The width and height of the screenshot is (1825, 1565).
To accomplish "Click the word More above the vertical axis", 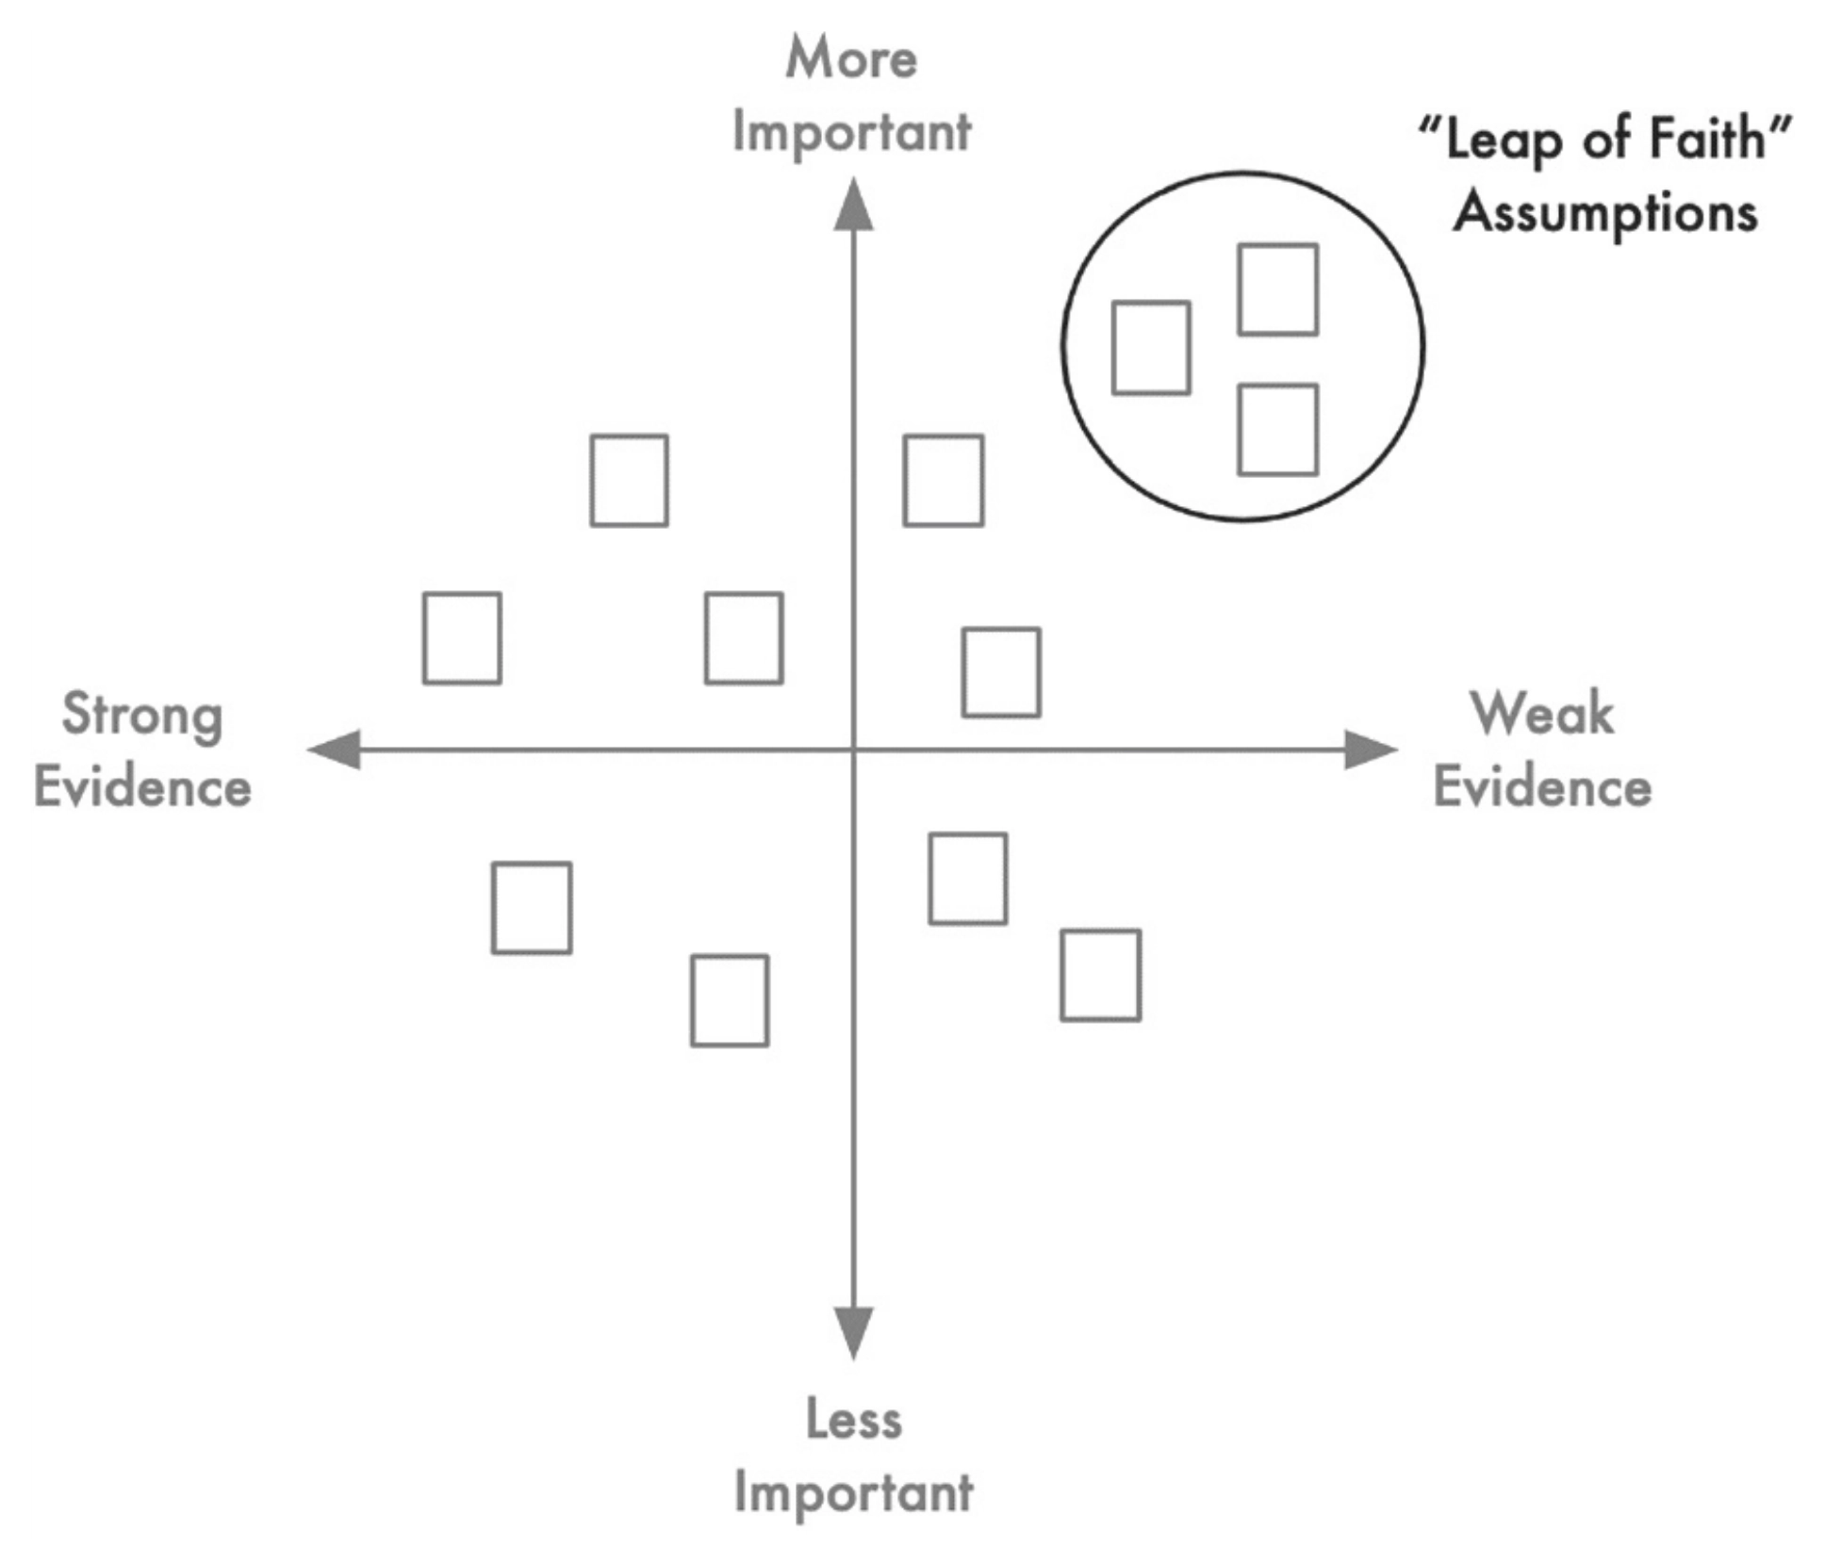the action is pyautogui.click(x=851, y=58).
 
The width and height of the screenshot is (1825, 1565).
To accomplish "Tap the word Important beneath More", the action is pyautogui.click(x=851, y=132).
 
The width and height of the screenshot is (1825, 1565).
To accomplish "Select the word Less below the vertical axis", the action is pyautogui.click(x=854, y=1419).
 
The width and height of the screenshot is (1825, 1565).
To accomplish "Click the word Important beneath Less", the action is pyautogui.click(x=854, y=1492).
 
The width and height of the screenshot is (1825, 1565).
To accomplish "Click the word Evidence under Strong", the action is pyautogui.click(x=143, y=787).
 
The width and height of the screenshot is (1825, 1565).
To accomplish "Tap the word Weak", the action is pyautogui.click(x=1542, y=713).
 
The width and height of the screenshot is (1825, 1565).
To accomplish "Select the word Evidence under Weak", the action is pyautogui.click(x=1542, y=787).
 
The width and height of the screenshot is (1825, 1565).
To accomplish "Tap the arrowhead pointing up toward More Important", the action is pyautogui.click(x=853, y=204).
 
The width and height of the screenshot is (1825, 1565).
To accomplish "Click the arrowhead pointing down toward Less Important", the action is pyautogui.click(x=853, y=1333).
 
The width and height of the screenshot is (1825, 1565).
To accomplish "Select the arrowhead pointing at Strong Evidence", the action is pyautogui.click(x=335, y=750).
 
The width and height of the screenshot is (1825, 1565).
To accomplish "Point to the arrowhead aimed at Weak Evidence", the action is pyautogui.click(x=1371, y=750).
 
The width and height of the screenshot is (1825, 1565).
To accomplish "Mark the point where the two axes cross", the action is pyautogui.click(x=853, y=750).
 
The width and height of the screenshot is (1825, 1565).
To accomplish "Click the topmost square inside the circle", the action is pyautogui.click(x=1277, y=245).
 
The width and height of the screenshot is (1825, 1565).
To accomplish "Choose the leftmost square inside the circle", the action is pyautogui.click(x=1113, y=348).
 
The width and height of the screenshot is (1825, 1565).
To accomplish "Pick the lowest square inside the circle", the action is pyautogui.click(x=1277, y=474).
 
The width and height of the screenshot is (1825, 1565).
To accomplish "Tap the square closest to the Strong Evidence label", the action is pyautogui.click(x=424, y=638).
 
